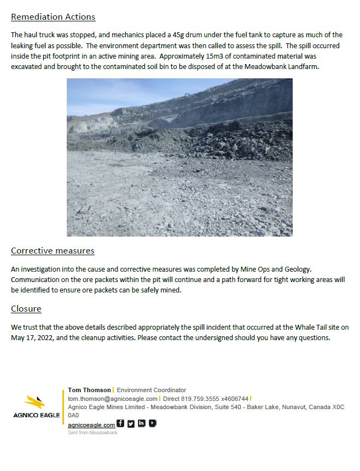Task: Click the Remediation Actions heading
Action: (x=53, y=17)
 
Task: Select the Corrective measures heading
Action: (x=53, y=251)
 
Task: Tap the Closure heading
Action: (x=26, y=309)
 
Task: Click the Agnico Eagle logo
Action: (x=37, y=406)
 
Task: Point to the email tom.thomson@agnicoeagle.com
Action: (x=113, y=399)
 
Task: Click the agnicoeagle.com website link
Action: (x=91, y=425)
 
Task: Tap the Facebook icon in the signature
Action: (x=120, y=423)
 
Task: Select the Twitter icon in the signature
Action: (x=131, y=423)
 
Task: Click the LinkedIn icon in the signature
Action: (x=142, y=423)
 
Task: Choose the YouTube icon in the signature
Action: (x=153, y=423)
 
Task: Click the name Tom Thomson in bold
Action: (x=89, y=390)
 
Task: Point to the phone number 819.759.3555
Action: (x=199, y=399)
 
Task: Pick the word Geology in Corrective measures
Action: (x=296, y=269)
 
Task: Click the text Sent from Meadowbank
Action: (x=92, y=433)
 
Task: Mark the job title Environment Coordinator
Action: (x=152, y=390)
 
